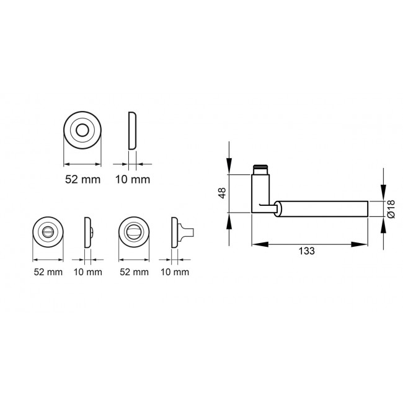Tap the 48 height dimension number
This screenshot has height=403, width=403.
tap(221, 193)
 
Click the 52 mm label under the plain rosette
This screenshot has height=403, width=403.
tap(82, 180)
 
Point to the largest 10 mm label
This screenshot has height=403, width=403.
tap(133, 180)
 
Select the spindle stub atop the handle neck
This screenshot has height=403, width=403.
tap(260, 169)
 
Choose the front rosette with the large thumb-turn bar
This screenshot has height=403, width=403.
tap(133, 232)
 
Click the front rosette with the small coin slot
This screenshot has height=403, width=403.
tap(48, 232)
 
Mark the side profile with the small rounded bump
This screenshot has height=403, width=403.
tap(87, 232)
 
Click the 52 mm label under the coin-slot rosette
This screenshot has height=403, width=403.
tap(48, 272)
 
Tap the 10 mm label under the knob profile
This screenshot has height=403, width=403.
tap(174, 272)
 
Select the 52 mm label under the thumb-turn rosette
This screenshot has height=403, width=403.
tap(133, 272)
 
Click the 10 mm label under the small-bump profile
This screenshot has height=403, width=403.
tap(87, 272)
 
